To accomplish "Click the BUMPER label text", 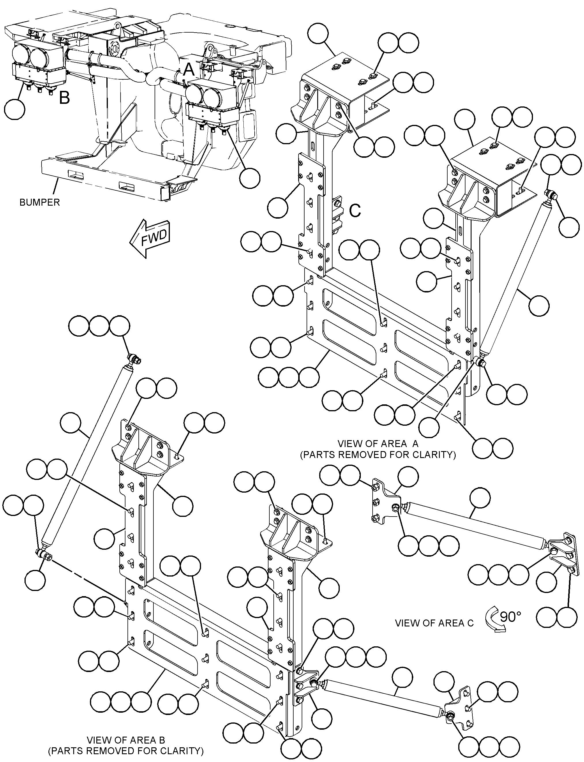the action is pos(40,202).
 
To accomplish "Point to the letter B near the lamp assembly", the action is pos(64,98).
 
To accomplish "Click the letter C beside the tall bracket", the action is pos(355,211).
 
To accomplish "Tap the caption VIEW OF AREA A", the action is pos(378,444).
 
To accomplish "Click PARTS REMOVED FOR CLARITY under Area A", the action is pos(378,455).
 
